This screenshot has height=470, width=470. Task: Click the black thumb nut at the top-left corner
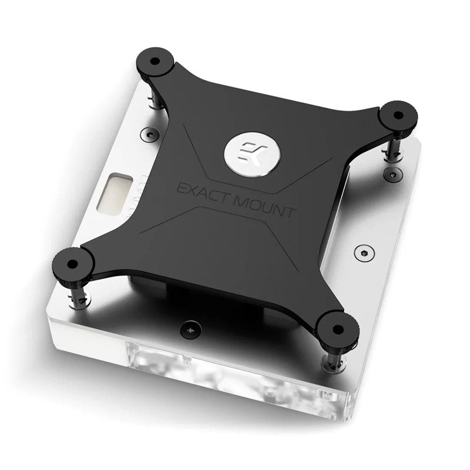tap(154, 63)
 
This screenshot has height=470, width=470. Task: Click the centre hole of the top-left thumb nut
tap(154, 61)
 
